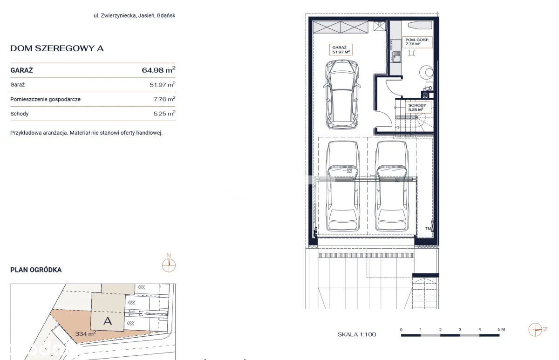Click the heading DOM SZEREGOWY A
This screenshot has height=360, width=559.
coord(57,48)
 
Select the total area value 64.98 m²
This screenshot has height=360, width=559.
coord(159,70)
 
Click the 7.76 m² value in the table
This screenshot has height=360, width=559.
coord(164,99)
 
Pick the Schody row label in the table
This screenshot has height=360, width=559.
coord(20,114)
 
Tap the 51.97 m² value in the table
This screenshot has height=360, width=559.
coord(163,84)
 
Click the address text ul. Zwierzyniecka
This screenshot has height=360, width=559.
coord(115,15)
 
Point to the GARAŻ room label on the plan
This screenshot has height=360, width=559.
coord(340,48)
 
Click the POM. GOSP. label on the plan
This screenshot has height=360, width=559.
coord(417,40)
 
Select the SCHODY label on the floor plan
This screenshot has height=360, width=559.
coord(417,105)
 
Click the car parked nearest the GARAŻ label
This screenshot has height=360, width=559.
coord(342,95)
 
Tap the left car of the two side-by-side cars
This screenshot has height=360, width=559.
coord(343,186)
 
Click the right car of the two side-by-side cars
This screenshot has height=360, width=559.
coord(392,186)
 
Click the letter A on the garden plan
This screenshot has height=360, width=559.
coord(108,321)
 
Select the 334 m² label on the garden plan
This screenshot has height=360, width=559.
coord(86,333)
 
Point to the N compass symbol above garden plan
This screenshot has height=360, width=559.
coord(169,264)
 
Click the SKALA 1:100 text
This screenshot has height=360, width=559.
coord(357,334)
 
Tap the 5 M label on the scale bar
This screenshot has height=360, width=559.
coord(501,330)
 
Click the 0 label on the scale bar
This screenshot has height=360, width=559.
coord(401,330)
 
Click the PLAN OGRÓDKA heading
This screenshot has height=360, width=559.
coord(36,270)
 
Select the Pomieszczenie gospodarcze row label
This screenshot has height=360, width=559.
coord(46,99)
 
